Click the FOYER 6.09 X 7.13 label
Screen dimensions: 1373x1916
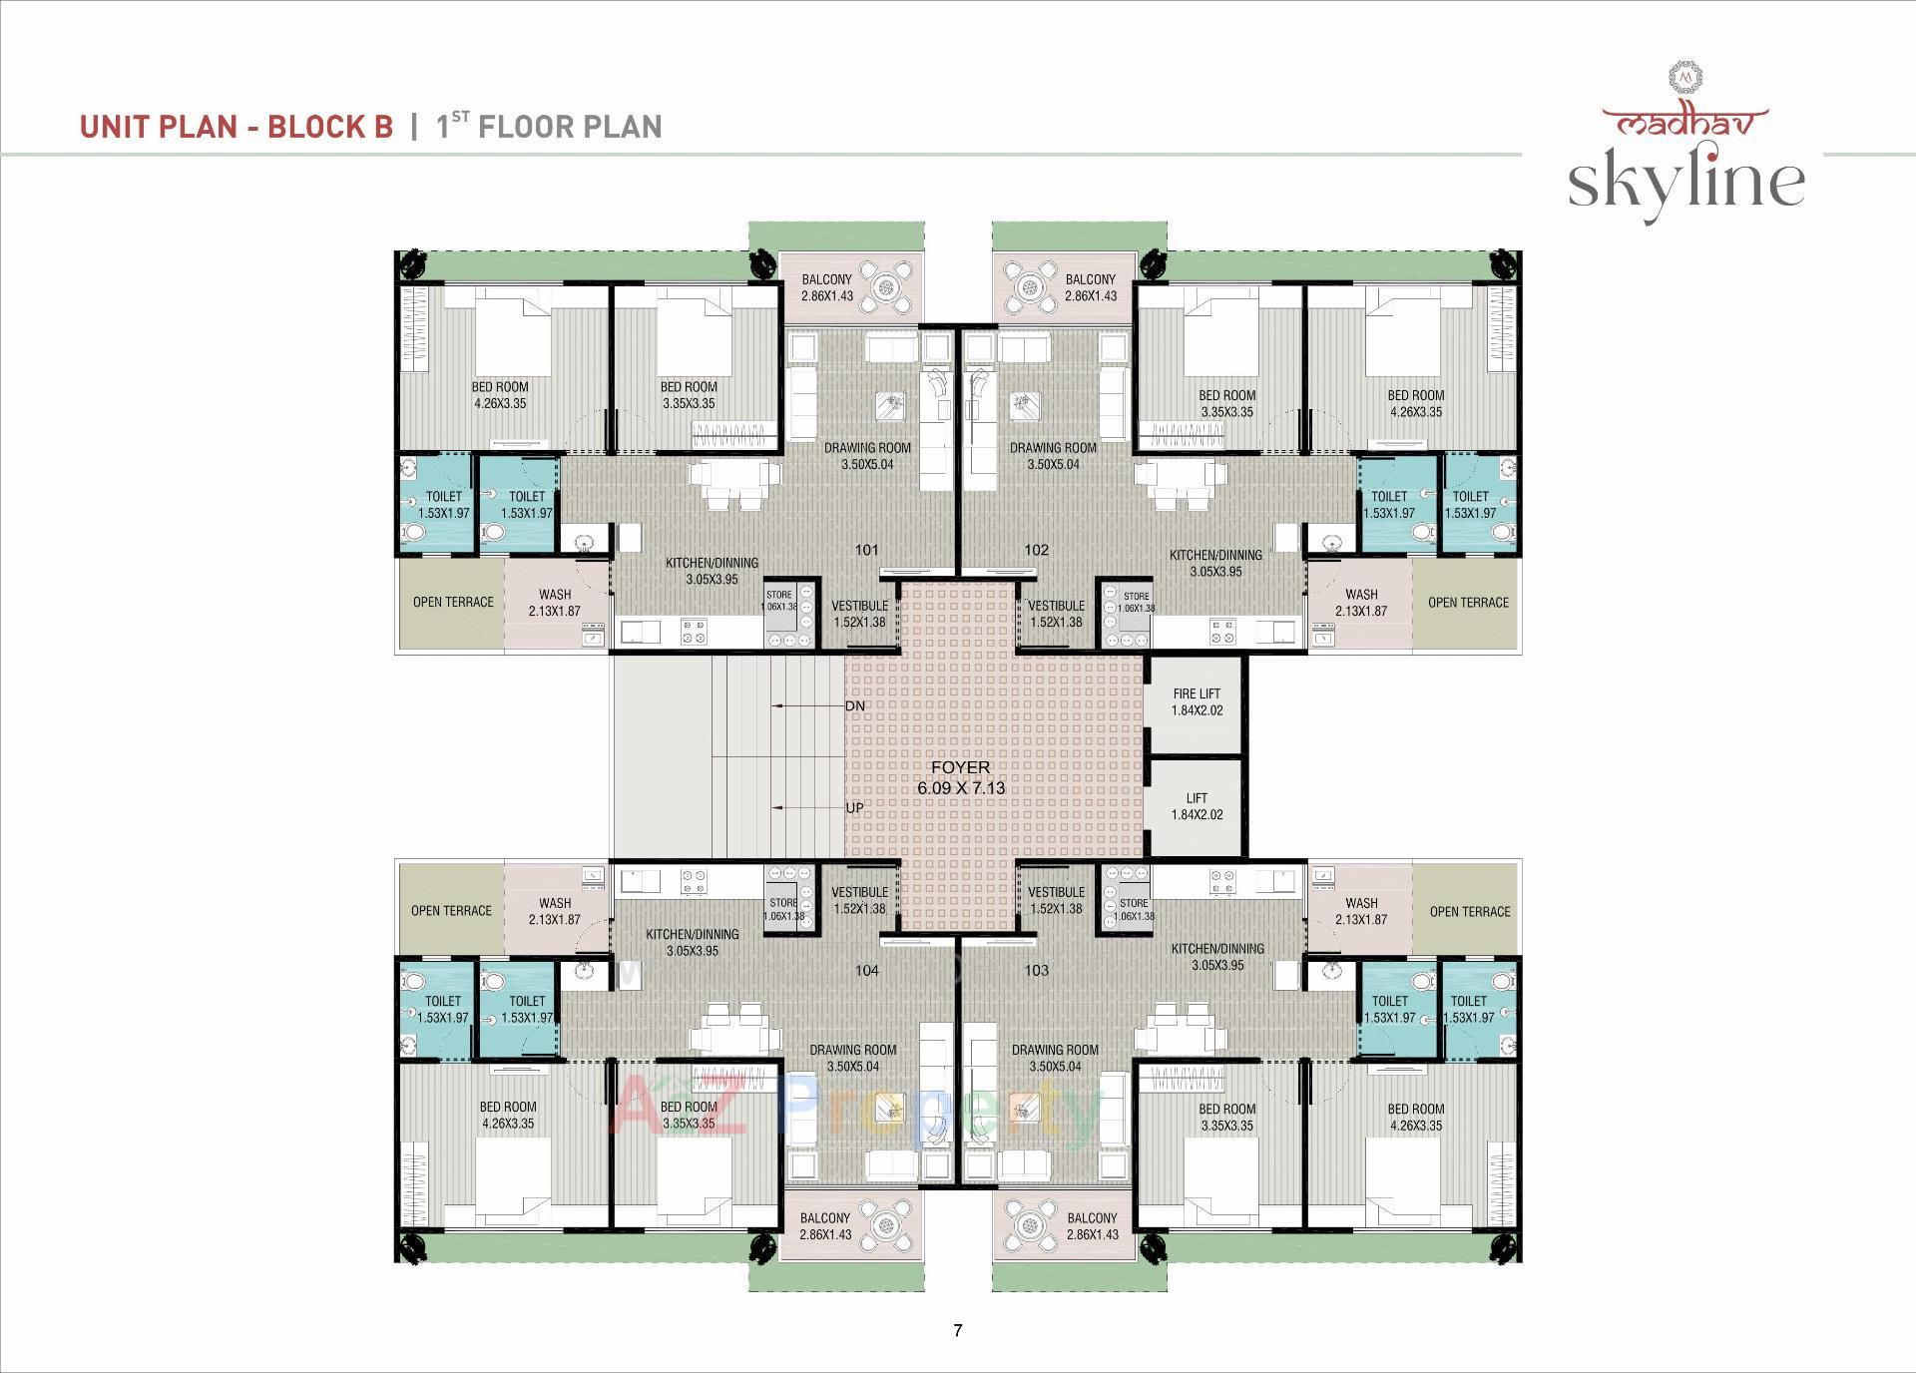pyautogui.click(x=960, y=777)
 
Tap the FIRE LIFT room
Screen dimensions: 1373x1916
pyautogui.click(x=1197, y=702)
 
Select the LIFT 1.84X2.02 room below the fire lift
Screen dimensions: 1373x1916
pyautogui.click(x=1197, y=806)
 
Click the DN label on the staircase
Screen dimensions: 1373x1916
pyautogui.click(x=855, y=705)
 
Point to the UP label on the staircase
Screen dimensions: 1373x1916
pyautogui.click(x=855, y=807)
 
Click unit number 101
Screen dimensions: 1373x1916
pyautogui.click(x=866, y=550)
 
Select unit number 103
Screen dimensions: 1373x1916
pyautogui.click(x=1037, y=970)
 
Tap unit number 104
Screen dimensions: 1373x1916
pyautogui.click(x=866, y=970)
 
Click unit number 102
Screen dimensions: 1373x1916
pyautogui.click(x=1037, y=550)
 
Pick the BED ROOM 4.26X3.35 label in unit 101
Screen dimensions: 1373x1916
pyautogui.click(x=500, y=395)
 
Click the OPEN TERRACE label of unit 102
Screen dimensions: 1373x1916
pyautogui.click(x=1468, y=603)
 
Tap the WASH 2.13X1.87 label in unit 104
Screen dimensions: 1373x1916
pyautogui.click(x=555, y=911)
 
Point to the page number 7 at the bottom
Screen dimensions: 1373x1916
pyautogui.click(x=958, y=1330)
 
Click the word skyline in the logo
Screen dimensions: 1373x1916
pyautogui.click(x=1685, y=182)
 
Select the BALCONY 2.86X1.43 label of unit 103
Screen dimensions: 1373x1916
pyautogui.click(x=1092, y=1226)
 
